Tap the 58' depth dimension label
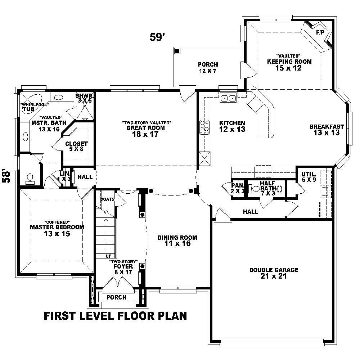tap(6, 176)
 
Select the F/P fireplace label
tap(320, 32)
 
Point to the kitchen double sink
tap(229, 98)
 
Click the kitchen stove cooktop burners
tap(204, 127)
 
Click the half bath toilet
tap(256, 188)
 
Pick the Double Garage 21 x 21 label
tap(274, 273)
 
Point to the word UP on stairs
tap(108, 256)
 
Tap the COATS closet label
tap(108, 199)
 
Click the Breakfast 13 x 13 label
tap(327, 129)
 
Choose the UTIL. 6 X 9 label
tap(309, 177)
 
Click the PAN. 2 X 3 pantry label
tap(238, 188)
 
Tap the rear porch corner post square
tap(177, 51)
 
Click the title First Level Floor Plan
tap(115, 316)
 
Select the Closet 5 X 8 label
tap(77, 146)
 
